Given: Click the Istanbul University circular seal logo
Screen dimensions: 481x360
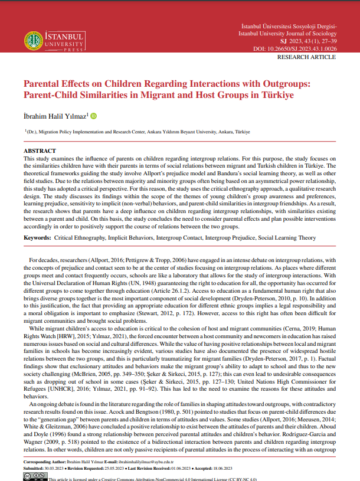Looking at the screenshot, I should click(34, 40).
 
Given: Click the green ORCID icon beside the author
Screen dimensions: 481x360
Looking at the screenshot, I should click(93, 116).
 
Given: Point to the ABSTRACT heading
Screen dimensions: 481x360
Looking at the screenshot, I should click(40, 151).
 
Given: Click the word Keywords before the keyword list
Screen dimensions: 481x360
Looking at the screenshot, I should click(37, 238).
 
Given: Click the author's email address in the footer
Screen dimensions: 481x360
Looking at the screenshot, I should click(140, 462).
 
